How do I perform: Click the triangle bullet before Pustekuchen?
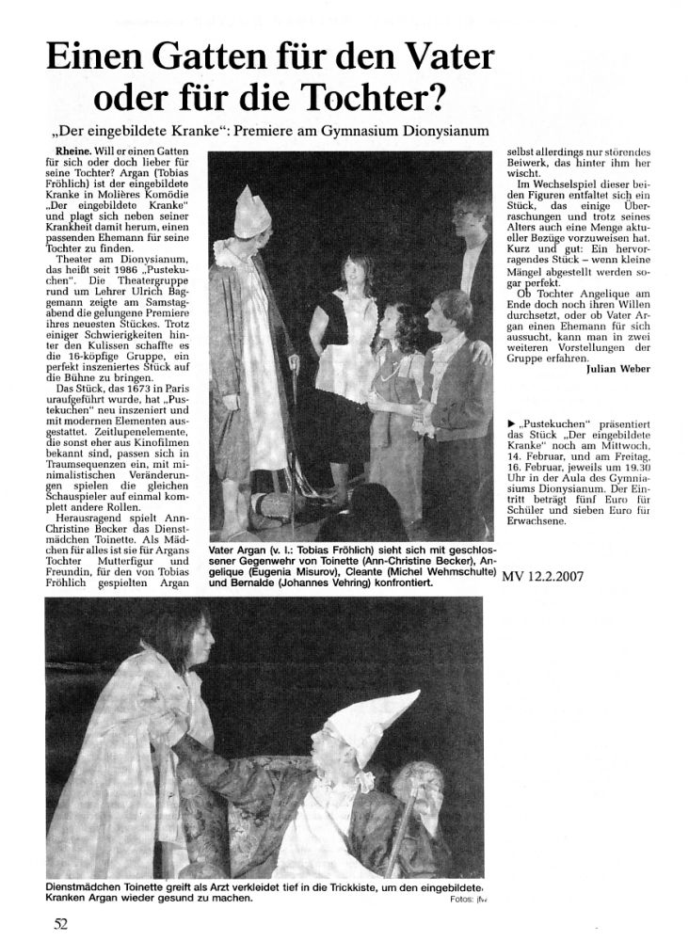pyautogui.click(x=510, y=424)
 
